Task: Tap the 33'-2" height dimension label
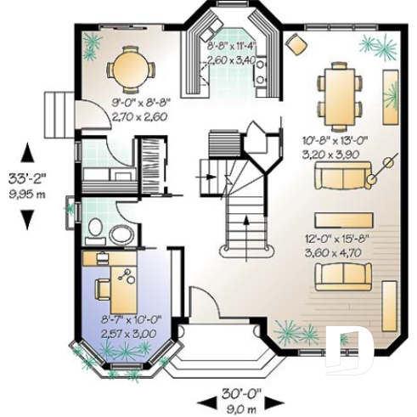tap(28, 179)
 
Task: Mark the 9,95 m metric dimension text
tap(28, 194)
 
